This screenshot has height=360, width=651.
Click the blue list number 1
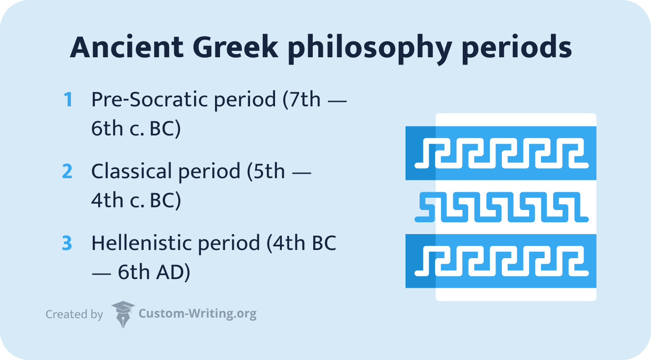(68, 100)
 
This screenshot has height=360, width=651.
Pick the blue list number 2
(67, 171)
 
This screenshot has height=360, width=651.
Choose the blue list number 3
(67, 244)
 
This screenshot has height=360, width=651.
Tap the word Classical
(130, 171)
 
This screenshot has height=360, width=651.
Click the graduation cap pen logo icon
(123, 314)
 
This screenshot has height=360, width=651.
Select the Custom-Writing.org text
(197, 314)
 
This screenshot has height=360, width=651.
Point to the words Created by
(74, 314)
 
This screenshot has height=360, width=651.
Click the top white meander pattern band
(501, 153)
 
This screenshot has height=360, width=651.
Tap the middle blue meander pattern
(501, 207)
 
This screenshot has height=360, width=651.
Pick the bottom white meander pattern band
(501, 261)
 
